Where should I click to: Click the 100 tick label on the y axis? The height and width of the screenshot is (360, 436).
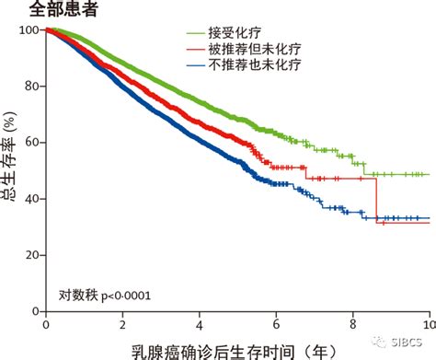[27, 30]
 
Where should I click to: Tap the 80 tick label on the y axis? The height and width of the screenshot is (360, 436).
[30, 87]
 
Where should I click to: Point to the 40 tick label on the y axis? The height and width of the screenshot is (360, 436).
[30, 199]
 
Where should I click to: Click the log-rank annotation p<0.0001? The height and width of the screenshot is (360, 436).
[106, 295]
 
